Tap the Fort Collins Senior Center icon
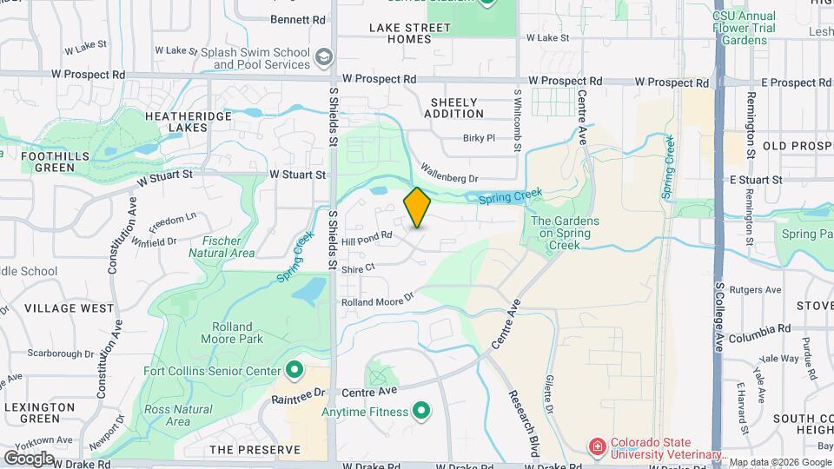click(295, 371)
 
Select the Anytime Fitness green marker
click(421, 409)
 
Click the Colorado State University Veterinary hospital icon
click(597, 447)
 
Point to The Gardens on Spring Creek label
click(565, 233)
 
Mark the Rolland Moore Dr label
click(377, 301)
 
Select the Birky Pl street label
click(479, 137)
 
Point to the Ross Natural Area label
click(178, 415)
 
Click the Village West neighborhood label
click(69, 308)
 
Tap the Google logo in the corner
click(29, 458)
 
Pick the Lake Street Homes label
click(410, 33)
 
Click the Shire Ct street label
click(358, 268)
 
